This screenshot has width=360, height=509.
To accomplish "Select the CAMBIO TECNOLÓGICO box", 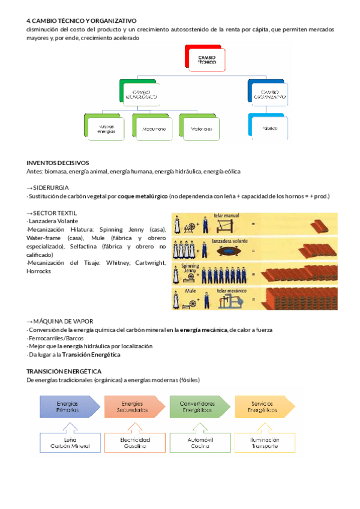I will pos(141,92).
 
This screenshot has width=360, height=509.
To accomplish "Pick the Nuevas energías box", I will pos(106,127).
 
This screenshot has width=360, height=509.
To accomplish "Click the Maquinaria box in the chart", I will pos(154,127).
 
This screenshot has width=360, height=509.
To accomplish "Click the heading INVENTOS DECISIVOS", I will pos(58,162).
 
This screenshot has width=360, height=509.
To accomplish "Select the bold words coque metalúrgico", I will pos(142,196).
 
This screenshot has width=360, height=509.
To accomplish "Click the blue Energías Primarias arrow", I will pos(68,406).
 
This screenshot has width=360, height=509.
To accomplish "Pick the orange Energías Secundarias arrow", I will pos(133,406).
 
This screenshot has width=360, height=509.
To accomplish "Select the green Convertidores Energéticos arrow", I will pos(199,406).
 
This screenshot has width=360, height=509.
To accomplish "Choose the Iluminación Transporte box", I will pos(265,442).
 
